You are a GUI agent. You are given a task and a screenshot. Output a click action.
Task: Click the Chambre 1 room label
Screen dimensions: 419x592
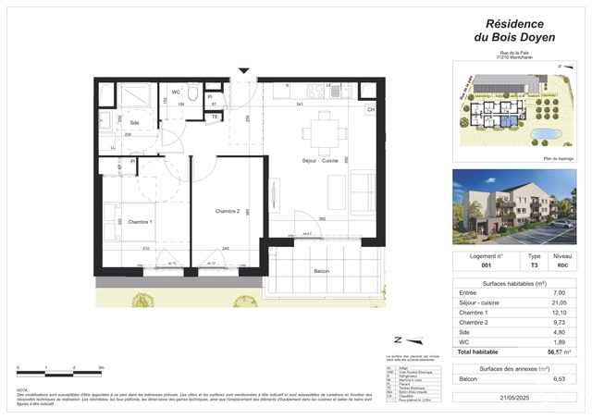pos(141,222)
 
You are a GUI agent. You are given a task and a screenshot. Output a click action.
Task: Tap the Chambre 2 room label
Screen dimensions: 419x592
pos(228,212)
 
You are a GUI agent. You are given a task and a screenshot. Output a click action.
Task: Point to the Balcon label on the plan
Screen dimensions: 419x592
pos(322,271)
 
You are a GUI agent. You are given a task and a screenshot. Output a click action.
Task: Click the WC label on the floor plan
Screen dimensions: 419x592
pos(175,92)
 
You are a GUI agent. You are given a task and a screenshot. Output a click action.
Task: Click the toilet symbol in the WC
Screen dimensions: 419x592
pos(191,93)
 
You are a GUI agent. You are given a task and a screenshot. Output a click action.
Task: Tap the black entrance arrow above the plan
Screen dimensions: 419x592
pos(243,70)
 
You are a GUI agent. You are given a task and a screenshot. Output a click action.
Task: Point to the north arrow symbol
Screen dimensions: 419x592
pos(399,339)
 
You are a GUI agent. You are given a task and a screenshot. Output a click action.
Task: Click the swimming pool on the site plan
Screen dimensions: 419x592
pos(547,134)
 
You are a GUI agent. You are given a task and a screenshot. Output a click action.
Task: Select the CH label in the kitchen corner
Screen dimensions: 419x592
pos(370,110)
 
